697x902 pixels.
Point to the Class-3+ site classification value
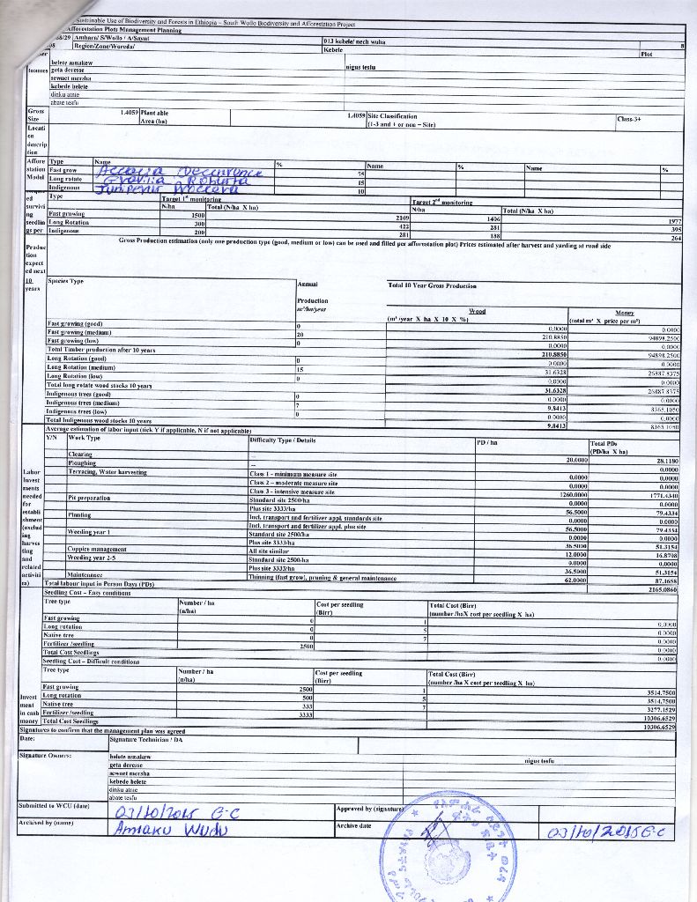[629, 118]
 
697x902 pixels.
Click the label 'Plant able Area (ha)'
[155, 117]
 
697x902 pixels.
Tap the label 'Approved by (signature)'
[370, 808]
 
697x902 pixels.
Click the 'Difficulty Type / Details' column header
[283, 439]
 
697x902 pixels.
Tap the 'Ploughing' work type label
[82, 462]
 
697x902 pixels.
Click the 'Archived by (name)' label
[47, 822]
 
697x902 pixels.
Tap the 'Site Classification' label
[392, 115]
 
